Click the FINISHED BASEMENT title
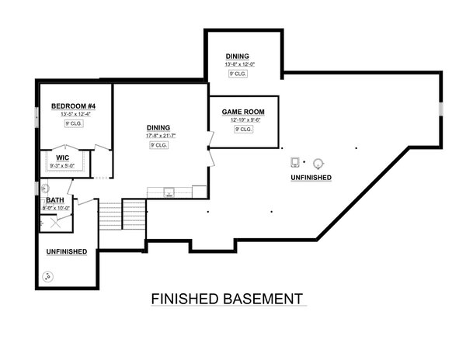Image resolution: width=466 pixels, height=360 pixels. click(x=226, y=299)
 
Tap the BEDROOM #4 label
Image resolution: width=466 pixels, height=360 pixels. click(x=73, y=106)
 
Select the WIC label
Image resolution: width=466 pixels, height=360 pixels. click(x=63, y=157)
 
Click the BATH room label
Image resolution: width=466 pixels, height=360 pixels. click(x=54, y=200)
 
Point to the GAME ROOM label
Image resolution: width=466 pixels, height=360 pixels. click(x=244, y=112)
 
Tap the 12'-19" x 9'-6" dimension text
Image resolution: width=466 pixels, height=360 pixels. click(x=244, y=120)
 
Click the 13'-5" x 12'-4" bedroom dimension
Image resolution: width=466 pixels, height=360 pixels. click(x=73, y=114)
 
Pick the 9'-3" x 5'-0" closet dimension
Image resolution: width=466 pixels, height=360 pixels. click(x=63, y=164)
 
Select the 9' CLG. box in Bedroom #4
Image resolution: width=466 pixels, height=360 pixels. click(x=73, y=124)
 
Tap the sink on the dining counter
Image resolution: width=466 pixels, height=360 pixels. click(x=169, y=191)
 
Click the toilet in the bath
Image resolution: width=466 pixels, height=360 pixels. click(x=45, y=188)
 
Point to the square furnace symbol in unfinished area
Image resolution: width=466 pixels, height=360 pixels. click(x=295, y=163)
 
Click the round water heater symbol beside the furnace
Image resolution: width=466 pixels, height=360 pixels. click(x=318, y=163)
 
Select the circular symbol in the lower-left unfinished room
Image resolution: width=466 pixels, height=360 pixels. click(x=50, y=275)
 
